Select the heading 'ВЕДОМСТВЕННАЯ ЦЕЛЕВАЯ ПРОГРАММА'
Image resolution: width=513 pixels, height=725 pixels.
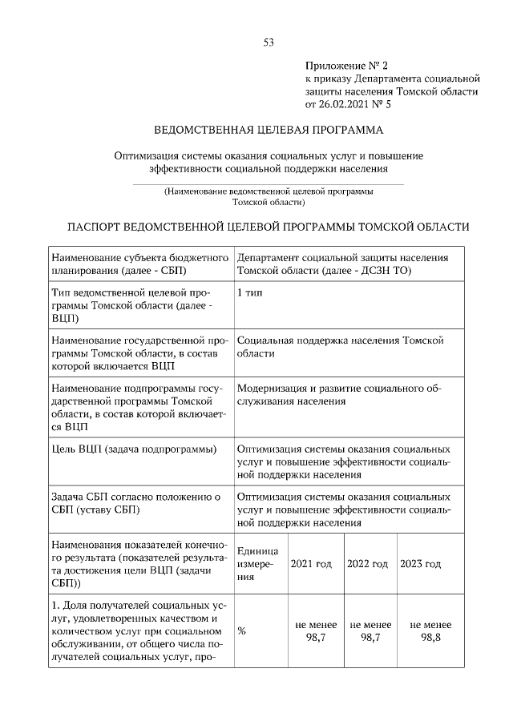pos(269,130)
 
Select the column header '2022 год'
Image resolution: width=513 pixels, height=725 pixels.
pos(367,564)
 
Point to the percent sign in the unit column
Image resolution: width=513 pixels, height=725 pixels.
pos(241,630)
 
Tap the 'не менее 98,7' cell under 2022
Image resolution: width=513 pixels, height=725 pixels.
pos(370,630)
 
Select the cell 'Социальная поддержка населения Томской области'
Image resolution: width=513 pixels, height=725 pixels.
pos(340,346)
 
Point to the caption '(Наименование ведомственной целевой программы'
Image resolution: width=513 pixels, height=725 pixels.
pos(269,191)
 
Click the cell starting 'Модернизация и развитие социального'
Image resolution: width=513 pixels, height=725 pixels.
pos(340,395)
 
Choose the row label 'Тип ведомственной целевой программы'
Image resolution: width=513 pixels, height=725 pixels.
pos(131,305)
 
